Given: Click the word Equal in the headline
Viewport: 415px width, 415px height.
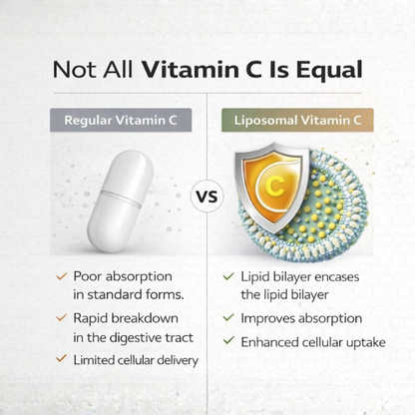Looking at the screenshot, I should click(x=327, y=71).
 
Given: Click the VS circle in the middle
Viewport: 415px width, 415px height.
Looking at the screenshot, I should click(x=206, y=196).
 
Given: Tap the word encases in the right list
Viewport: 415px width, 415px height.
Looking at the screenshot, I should click(x=337, y=275).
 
